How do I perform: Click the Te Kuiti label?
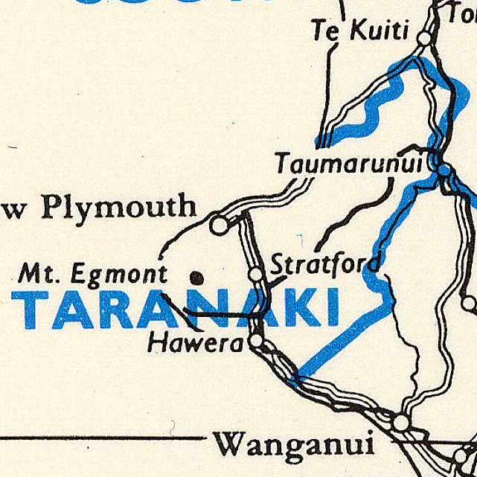pyautogui.click(x=360, y=31)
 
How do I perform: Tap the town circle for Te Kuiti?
pyautogui.click(x=425, y=37)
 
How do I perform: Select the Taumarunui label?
pyautogui.click(x=354, y=163)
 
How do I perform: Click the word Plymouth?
pyautogui.click(x=119, y=208)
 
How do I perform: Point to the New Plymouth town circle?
pyautogui.click(x=218, y=224)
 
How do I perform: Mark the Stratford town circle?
pyautogui.click(x=255, y=274)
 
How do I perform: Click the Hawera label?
pyautogui.click(x=196, y=343)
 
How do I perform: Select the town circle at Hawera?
pyautogui.click(x=257, y=341)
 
